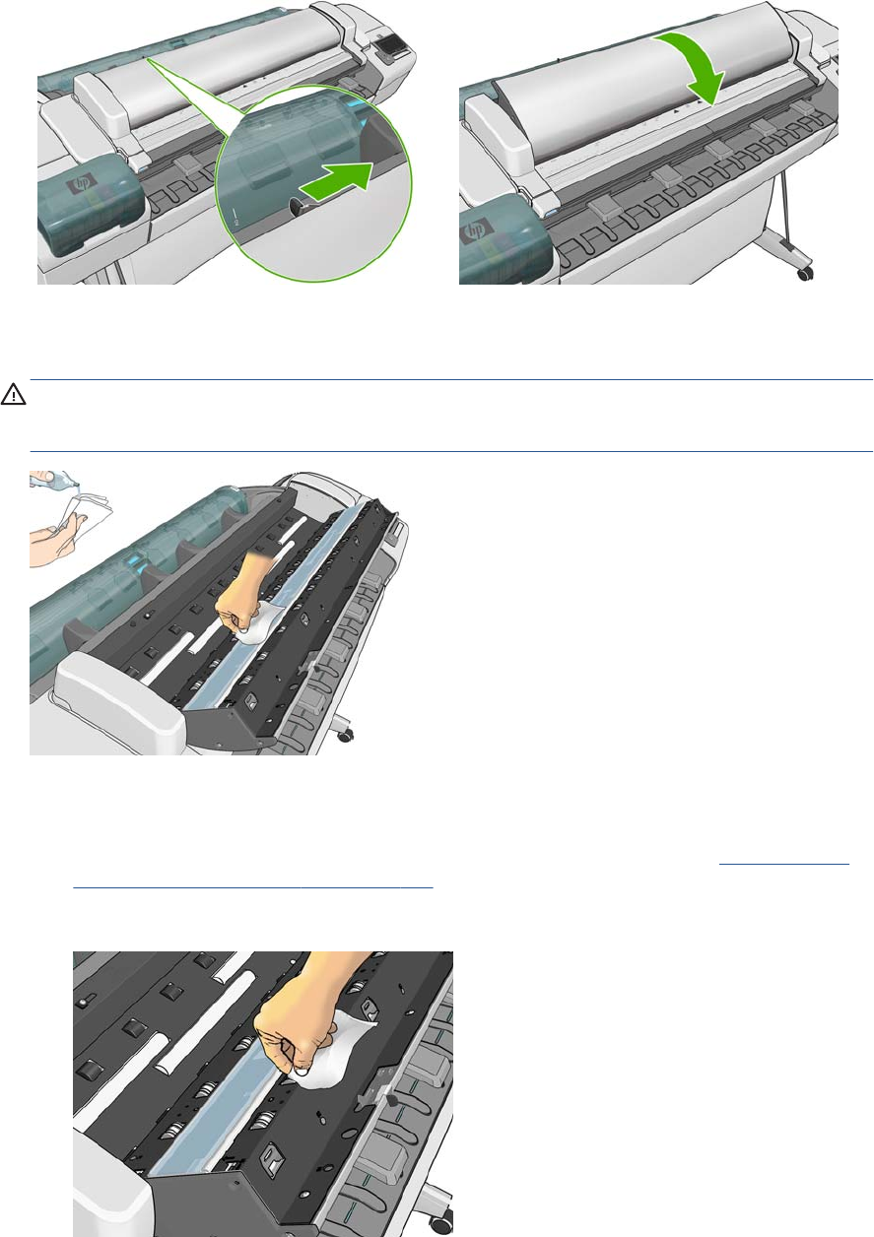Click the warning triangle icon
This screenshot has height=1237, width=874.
13,394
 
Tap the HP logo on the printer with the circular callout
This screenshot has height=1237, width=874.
75,184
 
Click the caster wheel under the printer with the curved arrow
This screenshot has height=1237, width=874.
804,272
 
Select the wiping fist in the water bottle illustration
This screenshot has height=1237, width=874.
238,599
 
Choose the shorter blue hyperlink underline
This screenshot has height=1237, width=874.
784,863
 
